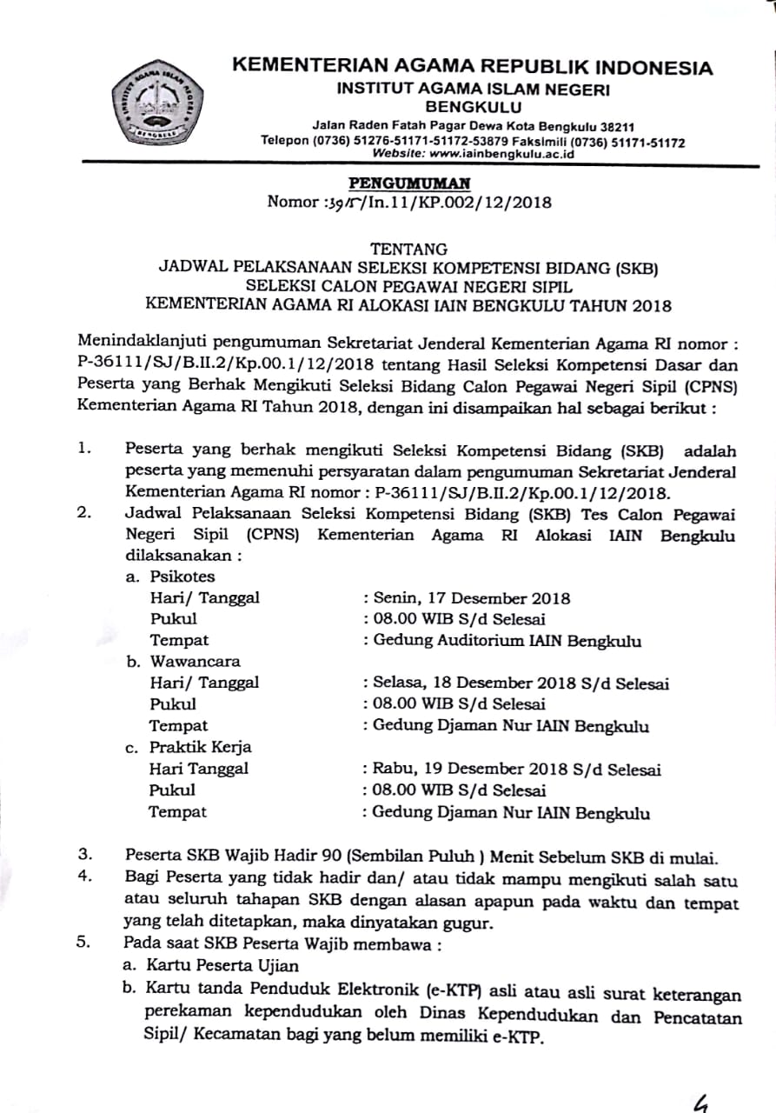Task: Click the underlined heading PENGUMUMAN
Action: (x=409, y=183)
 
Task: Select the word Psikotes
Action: (x=182, y=576)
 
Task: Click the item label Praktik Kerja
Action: (x=200, y=747)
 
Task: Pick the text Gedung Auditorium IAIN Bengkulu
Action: (x=507, y=641)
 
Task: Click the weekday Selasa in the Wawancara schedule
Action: (x=397, y=683)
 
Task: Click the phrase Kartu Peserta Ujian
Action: (x=222, y=965)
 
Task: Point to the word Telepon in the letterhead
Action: (x=284, y=141)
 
